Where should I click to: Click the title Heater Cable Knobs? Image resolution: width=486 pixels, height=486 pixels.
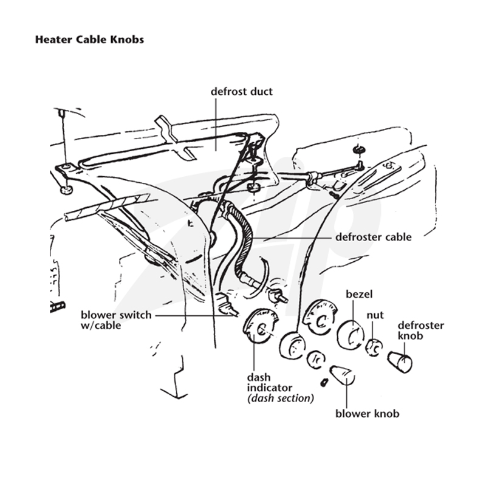point(89,39)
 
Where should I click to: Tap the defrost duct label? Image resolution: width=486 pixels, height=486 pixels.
point(241,92)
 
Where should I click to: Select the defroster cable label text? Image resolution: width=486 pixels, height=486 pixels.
point(374,237)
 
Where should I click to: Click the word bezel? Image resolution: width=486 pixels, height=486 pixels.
point(359,294)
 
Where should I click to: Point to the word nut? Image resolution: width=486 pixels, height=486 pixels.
point(375,315)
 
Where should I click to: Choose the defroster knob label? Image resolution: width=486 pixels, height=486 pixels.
point(421,330)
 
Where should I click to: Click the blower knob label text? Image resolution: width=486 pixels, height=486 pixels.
point(368,414)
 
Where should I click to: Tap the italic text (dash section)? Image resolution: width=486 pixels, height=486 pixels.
point(281,399)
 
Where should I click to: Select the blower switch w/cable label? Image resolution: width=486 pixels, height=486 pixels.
point(116,320)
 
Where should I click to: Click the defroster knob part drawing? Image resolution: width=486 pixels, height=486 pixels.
point(400,361)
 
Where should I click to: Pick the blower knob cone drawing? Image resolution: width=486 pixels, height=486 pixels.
point(342,375)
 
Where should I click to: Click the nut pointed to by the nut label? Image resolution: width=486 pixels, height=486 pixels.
point(374,347)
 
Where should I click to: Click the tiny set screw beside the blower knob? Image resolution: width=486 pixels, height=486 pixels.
point(324,383)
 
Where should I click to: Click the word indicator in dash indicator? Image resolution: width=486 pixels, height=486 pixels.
point(269,388)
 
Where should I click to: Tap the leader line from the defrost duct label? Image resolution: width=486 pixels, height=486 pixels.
point(216,123)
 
